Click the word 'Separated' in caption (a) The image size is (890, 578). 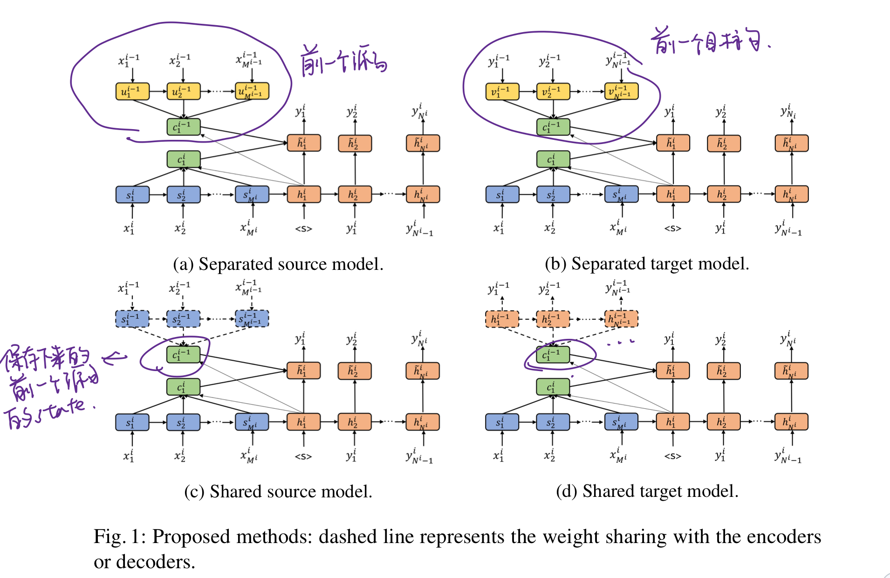[235, 264]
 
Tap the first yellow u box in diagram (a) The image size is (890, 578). [132, 91]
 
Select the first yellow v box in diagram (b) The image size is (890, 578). [502, 91]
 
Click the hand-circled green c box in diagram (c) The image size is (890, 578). [183, 355]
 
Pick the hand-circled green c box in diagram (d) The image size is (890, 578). [553, 355]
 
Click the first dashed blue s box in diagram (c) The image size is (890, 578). [132, 319]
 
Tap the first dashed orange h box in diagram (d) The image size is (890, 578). [502, 319]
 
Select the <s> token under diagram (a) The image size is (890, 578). [303, 229]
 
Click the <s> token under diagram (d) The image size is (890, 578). [673, 456]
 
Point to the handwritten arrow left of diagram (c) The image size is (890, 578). [115, 358]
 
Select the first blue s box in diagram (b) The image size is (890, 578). [502, 194]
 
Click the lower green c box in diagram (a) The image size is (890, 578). [183, 159]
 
